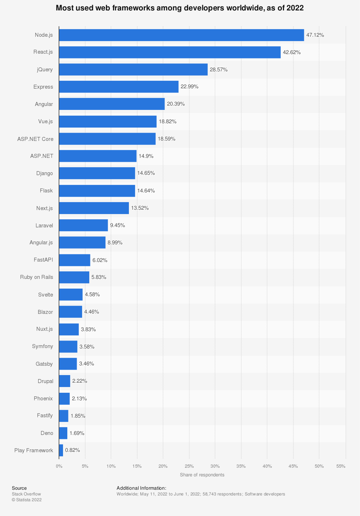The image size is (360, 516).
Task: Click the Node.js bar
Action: [x=181, y=35]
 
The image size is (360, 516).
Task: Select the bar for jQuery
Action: [x=133, y=70]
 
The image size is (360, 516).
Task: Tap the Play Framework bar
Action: [x=61, y=450]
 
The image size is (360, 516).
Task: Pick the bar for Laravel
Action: [x=84, y=225]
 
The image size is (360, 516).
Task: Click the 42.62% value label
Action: [x=292, y=52]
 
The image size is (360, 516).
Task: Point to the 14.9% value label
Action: [x=146, y=156]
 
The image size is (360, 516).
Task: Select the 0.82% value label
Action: [x=72, y=450]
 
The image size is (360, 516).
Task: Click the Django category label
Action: [x=45, y=173]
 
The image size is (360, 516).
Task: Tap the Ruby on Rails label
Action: [x=37, y=277]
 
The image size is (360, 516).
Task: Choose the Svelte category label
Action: [x=46, y=295]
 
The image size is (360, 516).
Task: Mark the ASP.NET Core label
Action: [x=35, y=139]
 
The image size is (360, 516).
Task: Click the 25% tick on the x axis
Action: [x=189, y=466]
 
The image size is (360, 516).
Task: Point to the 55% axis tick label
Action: [x=341, y=466]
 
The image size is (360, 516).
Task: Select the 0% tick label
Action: [x=59, y=466]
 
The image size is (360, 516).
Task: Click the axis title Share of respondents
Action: [x=202, y=475]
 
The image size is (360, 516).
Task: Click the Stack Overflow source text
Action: [x=26, y=494]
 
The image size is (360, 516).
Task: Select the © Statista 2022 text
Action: [x=27, y=500]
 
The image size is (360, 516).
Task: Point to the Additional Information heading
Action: [x=141, y=488]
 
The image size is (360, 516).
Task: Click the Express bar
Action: [x=119, y=87]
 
